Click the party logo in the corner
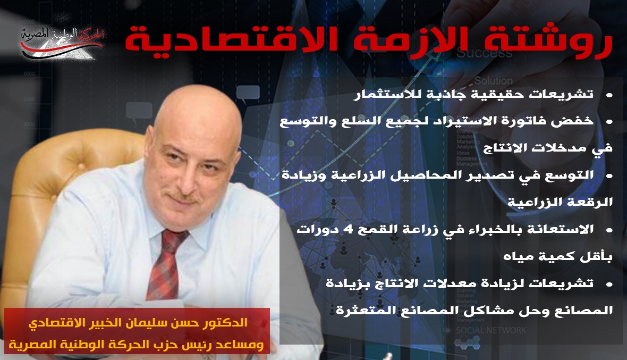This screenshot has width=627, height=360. click(62, 42)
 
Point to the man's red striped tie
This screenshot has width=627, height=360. click(167, 264)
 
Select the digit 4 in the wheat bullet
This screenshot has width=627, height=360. click(348, 230)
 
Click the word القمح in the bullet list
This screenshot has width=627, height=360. click(375, 230)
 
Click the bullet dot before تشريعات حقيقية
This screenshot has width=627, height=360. click(609, 95)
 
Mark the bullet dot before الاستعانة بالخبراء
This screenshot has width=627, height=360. click(609, 230)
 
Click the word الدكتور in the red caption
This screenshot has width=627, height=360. click(228, 322)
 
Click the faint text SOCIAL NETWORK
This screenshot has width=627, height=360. click(491, 330)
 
